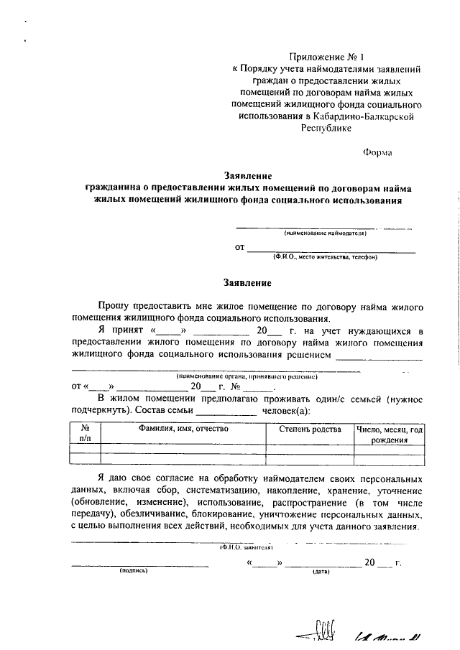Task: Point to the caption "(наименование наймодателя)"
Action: pos(325,233)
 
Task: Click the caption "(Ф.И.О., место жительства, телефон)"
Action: pos(325,256)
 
